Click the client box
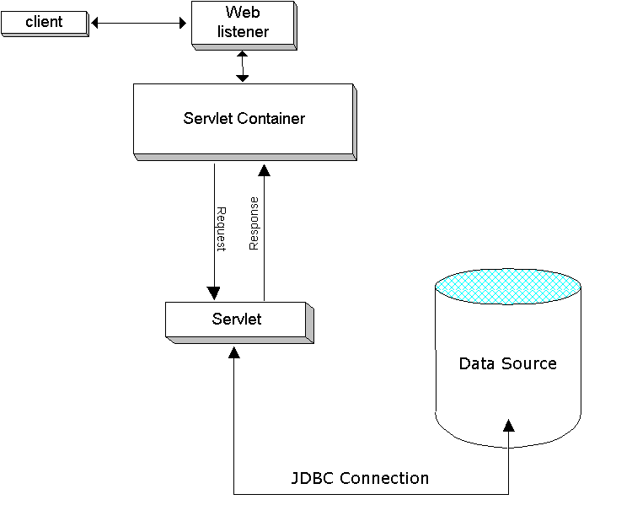(x=44, y=23)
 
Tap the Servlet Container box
(x=244, y=119)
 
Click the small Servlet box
(x=237, y=320)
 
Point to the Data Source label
(x=507, y=363)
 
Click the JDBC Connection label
(x=360, y=478)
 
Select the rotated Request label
(x=222, y=228)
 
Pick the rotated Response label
(x=254, y=223)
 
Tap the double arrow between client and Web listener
(x=138, y=24)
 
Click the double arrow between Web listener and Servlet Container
(x=243, y=65)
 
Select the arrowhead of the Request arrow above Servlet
(x=214, y=293)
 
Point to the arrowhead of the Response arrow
(x=264, y=169)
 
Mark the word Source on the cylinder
(x=529, y=363)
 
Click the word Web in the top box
(x=243, y=13)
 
